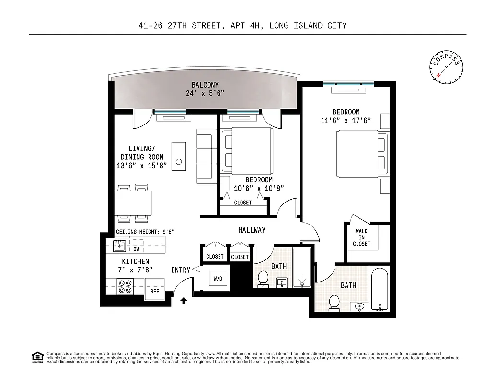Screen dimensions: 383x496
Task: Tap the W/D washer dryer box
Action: point(218,278)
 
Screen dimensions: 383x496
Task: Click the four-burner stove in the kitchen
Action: point(126,286)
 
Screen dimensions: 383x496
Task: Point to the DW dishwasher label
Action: point(136,249)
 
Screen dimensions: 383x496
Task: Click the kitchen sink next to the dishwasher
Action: point(119,246)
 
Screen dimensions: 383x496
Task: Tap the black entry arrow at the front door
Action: point(183,301)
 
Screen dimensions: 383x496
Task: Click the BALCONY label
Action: point(205,85)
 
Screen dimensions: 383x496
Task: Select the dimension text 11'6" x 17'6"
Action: point(346,121)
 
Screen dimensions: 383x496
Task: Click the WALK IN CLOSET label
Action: point(361,237)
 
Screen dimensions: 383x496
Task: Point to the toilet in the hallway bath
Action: point(263,278)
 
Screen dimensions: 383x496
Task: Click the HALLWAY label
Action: point(252,230)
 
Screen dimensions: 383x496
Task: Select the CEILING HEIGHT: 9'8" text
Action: point(145,232)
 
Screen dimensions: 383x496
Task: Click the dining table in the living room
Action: point(133,203)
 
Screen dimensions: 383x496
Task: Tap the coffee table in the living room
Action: point(180,156)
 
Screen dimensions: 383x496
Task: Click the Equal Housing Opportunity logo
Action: point(36,357)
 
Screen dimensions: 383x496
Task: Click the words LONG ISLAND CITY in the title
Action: point(308,25)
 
